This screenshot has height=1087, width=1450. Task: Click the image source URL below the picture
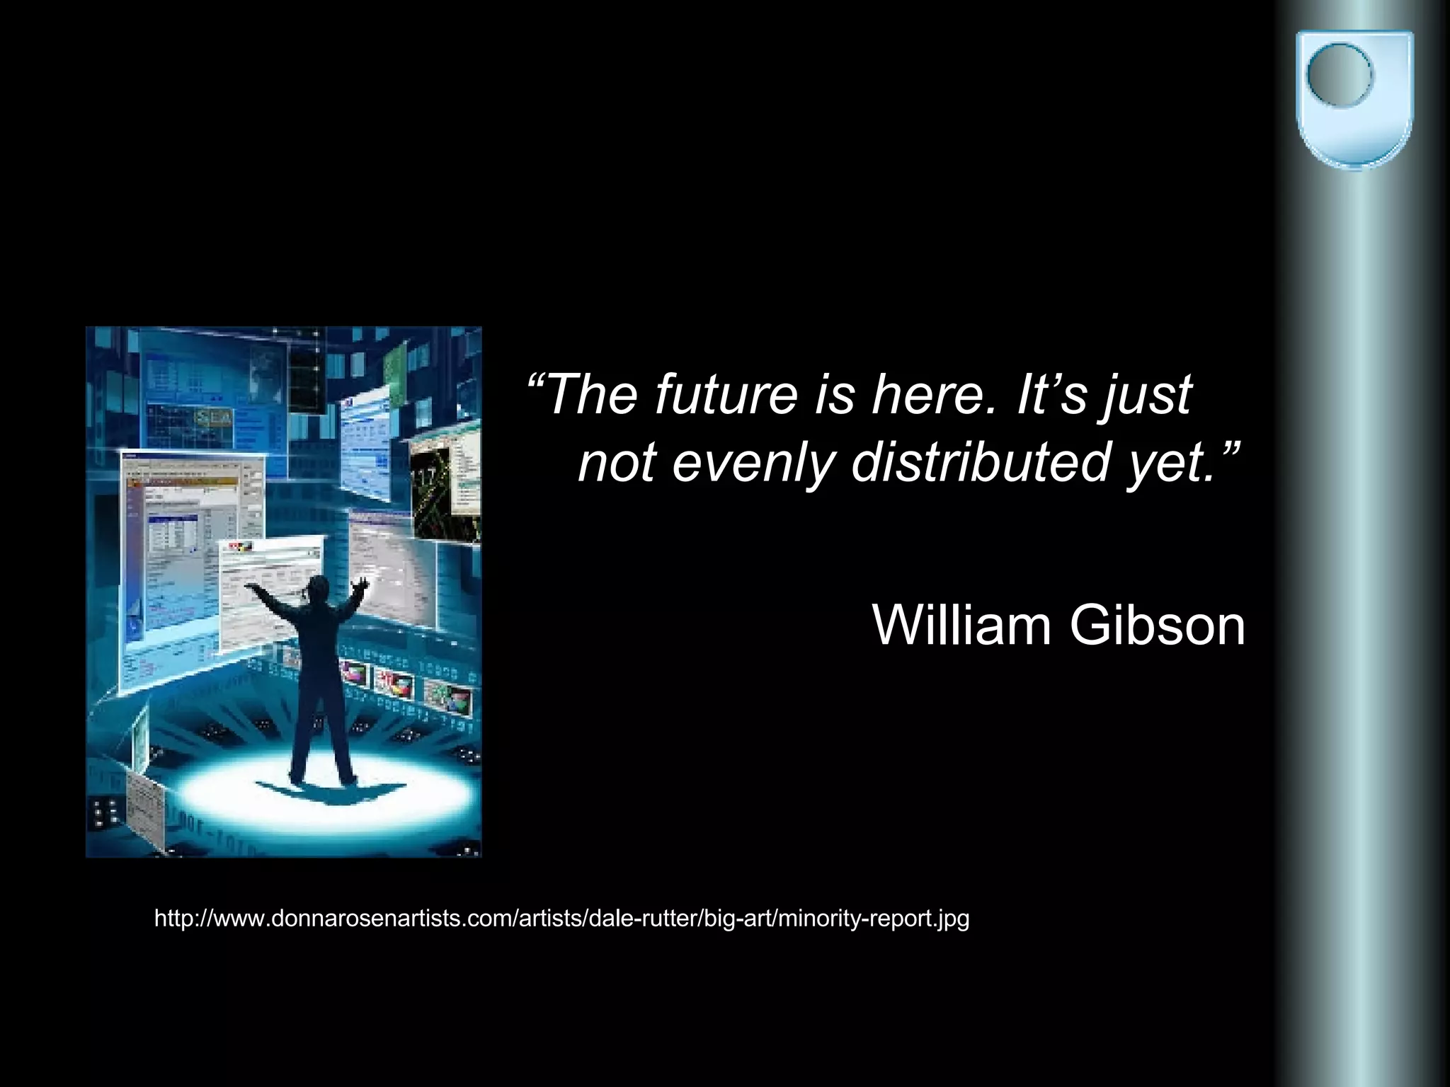[x=561, y=919]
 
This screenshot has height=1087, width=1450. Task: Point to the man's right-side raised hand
[x=362, y=584]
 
